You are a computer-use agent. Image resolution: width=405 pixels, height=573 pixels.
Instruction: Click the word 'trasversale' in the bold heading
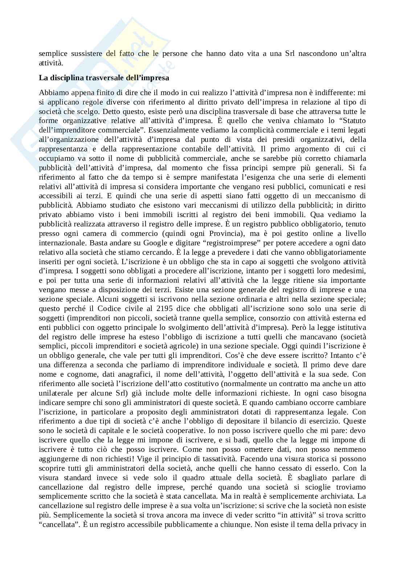(85, 78)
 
